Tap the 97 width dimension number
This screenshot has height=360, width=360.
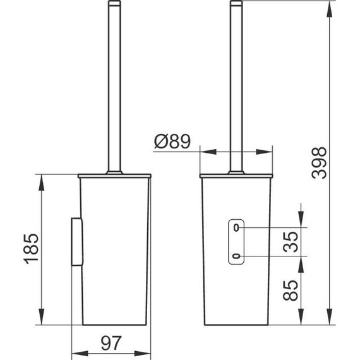click(x=112, y=344)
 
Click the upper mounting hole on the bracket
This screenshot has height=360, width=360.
click(x=236, y=227)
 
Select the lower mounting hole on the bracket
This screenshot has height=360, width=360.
click(x=236, y=256)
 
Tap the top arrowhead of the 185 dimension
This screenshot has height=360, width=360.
click(x=42, y=180)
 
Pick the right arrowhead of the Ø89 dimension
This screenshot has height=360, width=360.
click(x=268, y=152)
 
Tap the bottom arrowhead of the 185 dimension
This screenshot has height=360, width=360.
click(x=42, y=320)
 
